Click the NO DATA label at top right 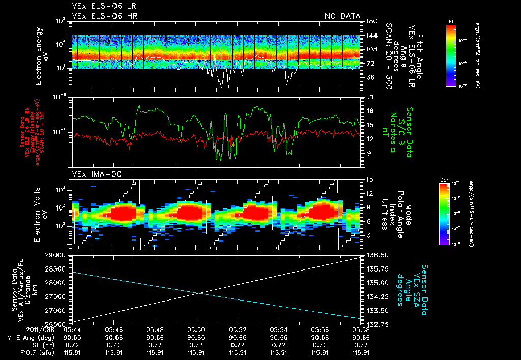point(342,16)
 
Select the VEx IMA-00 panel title point(92,174)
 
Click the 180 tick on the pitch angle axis point(370,21)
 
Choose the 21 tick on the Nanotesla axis point(369,97)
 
